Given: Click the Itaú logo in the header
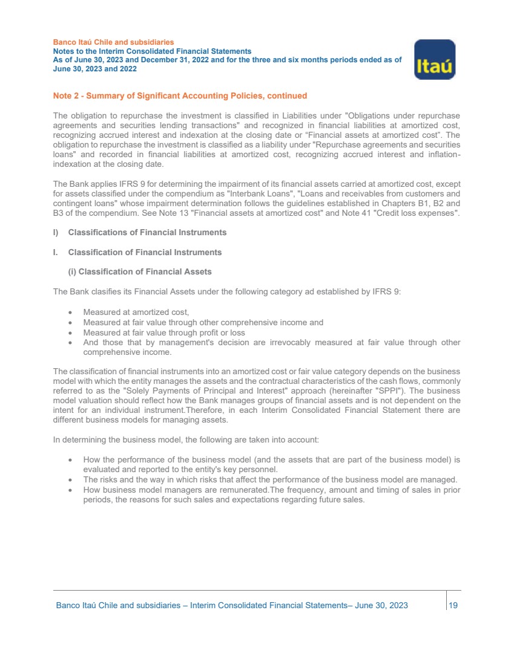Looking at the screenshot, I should click(x=434, y=59).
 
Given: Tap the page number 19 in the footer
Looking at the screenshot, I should click(x=453, y=605).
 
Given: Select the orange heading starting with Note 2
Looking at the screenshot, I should click(x=180, y=96).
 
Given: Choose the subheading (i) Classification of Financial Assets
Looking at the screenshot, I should click(x=141, y=271).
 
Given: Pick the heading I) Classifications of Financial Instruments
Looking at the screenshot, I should click(x=140, y=232).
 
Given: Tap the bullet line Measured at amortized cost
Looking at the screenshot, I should click(x=136, y=312).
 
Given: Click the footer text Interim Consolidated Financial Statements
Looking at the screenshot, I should click(x=268, y=605).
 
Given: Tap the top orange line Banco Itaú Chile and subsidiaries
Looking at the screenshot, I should click(x=113, y=42).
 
